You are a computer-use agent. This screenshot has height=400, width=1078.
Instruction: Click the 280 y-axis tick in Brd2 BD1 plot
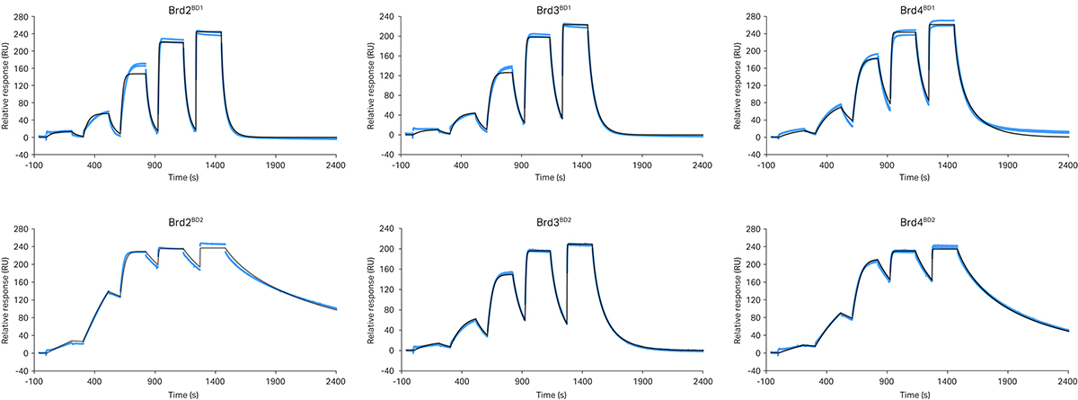click(18, 16)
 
